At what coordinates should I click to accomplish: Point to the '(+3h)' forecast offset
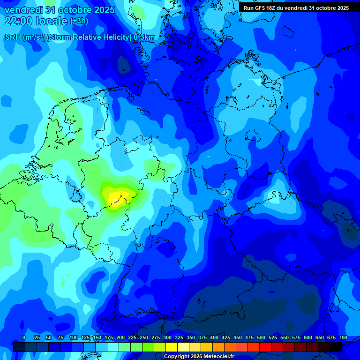click(78, 21)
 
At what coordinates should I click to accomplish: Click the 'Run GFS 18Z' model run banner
click(296, 8)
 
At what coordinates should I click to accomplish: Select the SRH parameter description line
click(80, 37)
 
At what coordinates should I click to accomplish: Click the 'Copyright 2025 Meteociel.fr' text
click(199, 357)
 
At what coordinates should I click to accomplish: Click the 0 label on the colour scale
click(24, 337)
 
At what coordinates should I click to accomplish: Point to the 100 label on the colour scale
click(74, 337)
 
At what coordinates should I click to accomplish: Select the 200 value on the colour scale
click(120, 337)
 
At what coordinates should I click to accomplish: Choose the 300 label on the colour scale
click(167, 337)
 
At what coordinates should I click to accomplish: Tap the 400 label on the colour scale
click(214, 337)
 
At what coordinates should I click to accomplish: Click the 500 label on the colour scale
click(261, 337)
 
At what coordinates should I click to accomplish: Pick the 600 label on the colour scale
click(308, 337)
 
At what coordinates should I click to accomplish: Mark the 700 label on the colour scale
click(343, 337)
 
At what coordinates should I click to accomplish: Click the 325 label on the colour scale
click(179, 337)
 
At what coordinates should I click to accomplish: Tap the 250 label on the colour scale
click(144, 337)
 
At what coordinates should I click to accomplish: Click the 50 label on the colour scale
click(49, 337)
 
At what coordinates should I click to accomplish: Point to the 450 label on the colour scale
click(238, 337)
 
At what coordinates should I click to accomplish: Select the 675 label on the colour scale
click(331, 337)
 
